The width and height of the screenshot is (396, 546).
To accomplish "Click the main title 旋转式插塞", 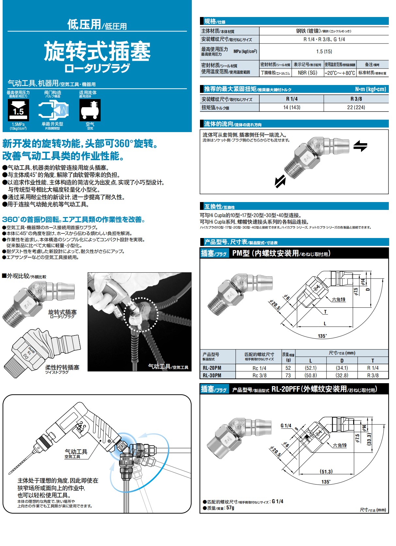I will pos(97,51).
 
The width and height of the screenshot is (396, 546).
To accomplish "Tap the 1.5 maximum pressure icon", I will pos(18,110).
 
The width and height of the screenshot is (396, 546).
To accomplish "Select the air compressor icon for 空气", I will pos(90,110).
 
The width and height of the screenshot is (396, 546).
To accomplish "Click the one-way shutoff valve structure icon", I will pos(53,110).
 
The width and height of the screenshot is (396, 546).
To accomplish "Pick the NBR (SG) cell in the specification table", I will pos(307,73).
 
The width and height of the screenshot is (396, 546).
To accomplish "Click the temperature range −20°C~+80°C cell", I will pos(339,73).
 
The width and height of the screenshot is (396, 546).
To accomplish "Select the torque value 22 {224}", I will pos(356,107).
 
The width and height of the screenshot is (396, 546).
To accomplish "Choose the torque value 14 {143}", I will pos(291,107).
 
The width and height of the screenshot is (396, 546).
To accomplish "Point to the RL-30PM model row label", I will pos(212,375).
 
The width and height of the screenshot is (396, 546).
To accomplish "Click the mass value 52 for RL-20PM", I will pos(288,368).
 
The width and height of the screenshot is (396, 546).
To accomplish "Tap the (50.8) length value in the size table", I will pos(310,375).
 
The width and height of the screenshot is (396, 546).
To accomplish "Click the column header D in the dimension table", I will pos(342,361).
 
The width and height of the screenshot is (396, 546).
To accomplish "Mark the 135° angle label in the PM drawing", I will pos(322,336).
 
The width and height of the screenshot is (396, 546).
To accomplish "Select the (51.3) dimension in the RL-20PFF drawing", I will pos(326,471).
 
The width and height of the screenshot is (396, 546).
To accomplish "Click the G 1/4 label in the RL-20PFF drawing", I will pos(286,426).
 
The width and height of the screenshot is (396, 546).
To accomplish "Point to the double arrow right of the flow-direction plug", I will pos(360,146).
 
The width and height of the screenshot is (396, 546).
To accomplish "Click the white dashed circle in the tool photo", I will pos(141,315).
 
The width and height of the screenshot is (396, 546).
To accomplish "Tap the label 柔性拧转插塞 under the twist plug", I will pos(62,367).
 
